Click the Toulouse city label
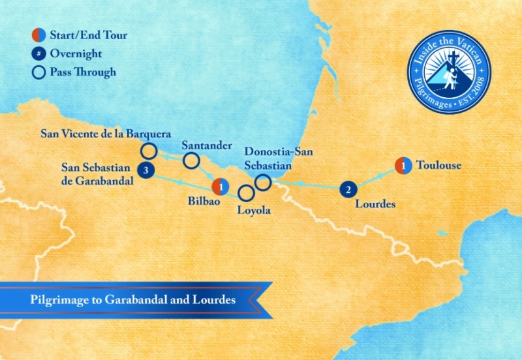[x=438, y=166]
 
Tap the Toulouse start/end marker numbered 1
[x=404, y=166]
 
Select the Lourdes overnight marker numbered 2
[x=349, y=190]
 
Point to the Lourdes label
[x=375, y=204]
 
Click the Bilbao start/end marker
[x=222, y=187]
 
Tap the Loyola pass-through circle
[x=246, y=193]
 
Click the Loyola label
[x=254, y=211]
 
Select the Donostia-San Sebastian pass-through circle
[x=263, y=183]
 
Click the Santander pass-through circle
[x=191, y=160]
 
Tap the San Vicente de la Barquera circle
[x=149, y=151]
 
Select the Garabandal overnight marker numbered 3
[x=146, y=172]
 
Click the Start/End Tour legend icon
[x=38, y=36]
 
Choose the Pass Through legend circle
[x=38, y=72]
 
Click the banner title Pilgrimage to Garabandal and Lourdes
[x=132, y=301]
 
